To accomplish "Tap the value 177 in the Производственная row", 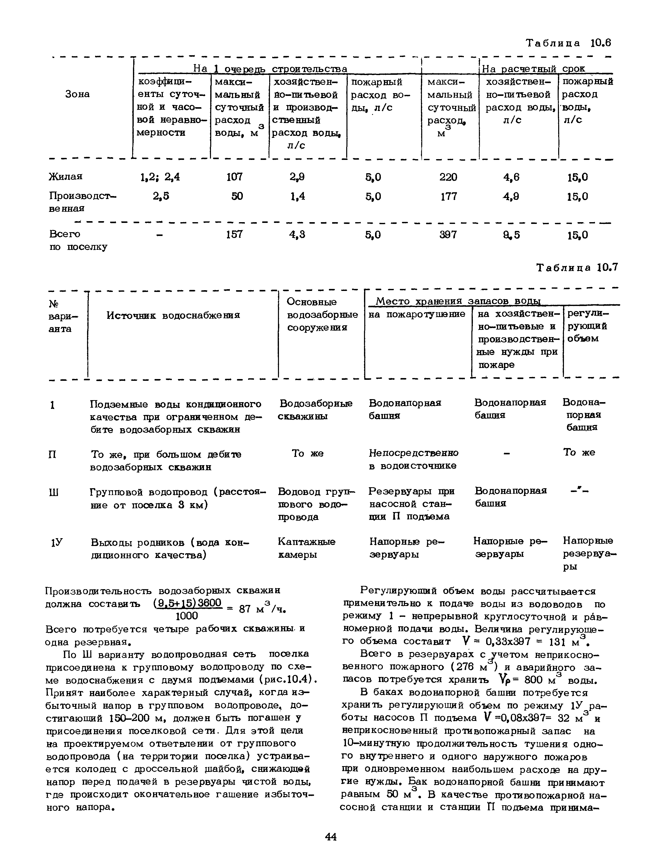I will (449, 196).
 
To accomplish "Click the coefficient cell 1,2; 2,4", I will (160, 177).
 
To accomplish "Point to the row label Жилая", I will (66, 176).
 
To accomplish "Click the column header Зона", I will (77, 94).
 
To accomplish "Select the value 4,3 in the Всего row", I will (297, 234).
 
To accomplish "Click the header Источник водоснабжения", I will (173, 315).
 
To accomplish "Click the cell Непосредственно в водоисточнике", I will (413, 459).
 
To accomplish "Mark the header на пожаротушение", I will (416, 314).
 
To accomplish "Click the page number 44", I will (331, 836).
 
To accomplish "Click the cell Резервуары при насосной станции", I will (411, 504).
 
